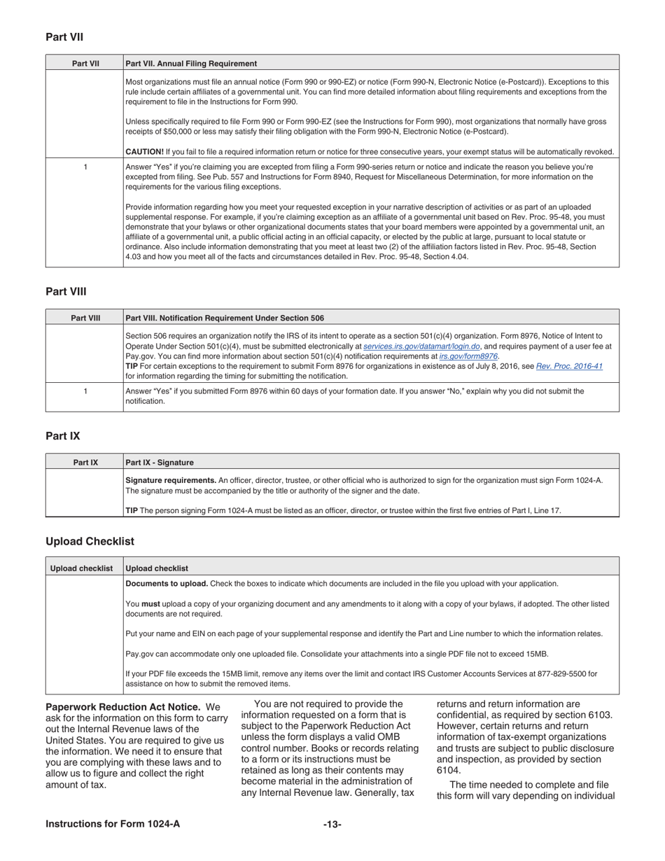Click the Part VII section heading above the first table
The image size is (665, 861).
pos(64,37)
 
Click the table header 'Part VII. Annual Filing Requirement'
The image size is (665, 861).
pos(191,63)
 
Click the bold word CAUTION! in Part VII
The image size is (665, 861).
pos(144,151)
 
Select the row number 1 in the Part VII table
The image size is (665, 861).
pos(85,167)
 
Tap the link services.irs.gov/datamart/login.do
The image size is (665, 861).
pos(421,346)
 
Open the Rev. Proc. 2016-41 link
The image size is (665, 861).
pos(569,365)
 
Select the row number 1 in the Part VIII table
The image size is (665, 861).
pos(85,391)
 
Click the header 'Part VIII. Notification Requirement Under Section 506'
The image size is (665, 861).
pos(225,318)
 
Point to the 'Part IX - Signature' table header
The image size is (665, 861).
pos(160,462)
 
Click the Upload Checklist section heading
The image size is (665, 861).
pos(90,541)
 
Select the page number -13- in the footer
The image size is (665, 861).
pos(332,824)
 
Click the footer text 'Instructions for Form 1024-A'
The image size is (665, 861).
pos(113,824)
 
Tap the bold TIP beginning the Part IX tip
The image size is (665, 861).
pos(132,510)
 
